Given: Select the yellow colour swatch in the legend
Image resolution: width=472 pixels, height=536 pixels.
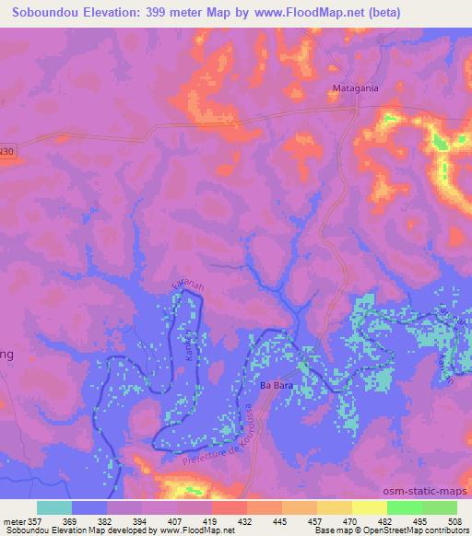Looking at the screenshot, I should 369,507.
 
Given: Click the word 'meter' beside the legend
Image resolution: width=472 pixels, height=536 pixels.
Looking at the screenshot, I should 13,521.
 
